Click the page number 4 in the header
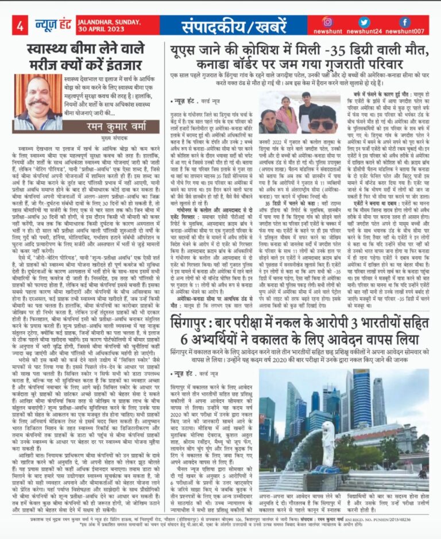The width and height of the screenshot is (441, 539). point(20,25)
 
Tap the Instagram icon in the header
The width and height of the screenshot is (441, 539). point(328,22)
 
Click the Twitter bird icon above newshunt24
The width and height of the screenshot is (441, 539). point(367,22)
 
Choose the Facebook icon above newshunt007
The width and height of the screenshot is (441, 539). point(405,22)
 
